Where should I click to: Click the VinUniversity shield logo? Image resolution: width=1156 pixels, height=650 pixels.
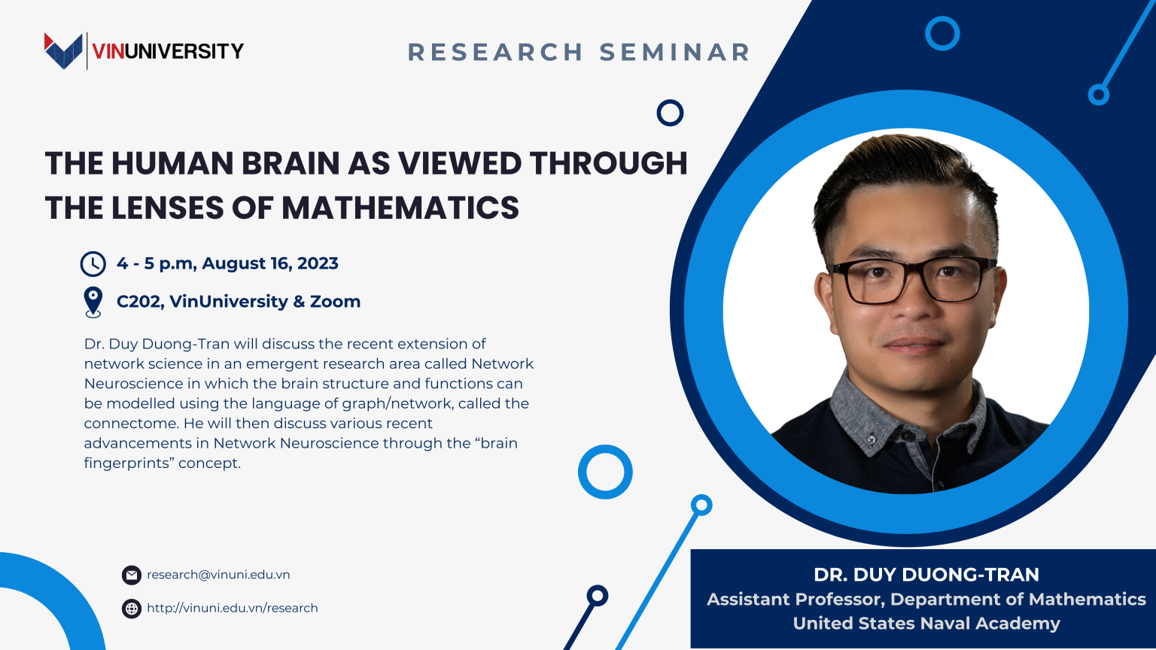point(63,51)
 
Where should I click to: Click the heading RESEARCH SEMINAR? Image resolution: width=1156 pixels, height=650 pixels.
point(579,52)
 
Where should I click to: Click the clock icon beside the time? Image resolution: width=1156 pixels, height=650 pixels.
point(93,264)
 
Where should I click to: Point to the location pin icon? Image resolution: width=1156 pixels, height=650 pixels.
point(93,302)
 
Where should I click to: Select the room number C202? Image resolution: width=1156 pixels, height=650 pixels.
point(139,302)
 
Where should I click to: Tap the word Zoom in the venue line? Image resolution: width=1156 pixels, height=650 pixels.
point(335,302)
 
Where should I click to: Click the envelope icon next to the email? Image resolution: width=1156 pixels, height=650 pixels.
point(132,576)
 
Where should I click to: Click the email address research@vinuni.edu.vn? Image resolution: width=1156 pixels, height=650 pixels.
point(218,575)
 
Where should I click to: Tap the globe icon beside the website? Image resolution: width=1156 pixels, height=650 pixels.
point(132,609)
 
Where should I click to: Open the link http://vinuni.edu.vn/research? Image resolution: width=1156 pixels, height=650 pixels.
point(232,608)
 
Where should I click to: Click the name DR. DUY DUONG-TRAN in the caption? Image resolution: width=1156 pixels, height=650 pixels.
point(926,575)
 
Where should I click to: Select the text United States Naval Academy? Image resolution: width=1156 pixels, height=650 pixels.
point(926,624)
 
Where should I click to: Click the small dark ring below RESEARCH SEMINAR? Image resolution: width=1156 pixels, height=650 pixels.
point(670,113)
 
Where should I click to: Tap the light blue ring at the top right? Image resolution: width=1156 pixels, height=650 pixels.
point(942,33)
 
